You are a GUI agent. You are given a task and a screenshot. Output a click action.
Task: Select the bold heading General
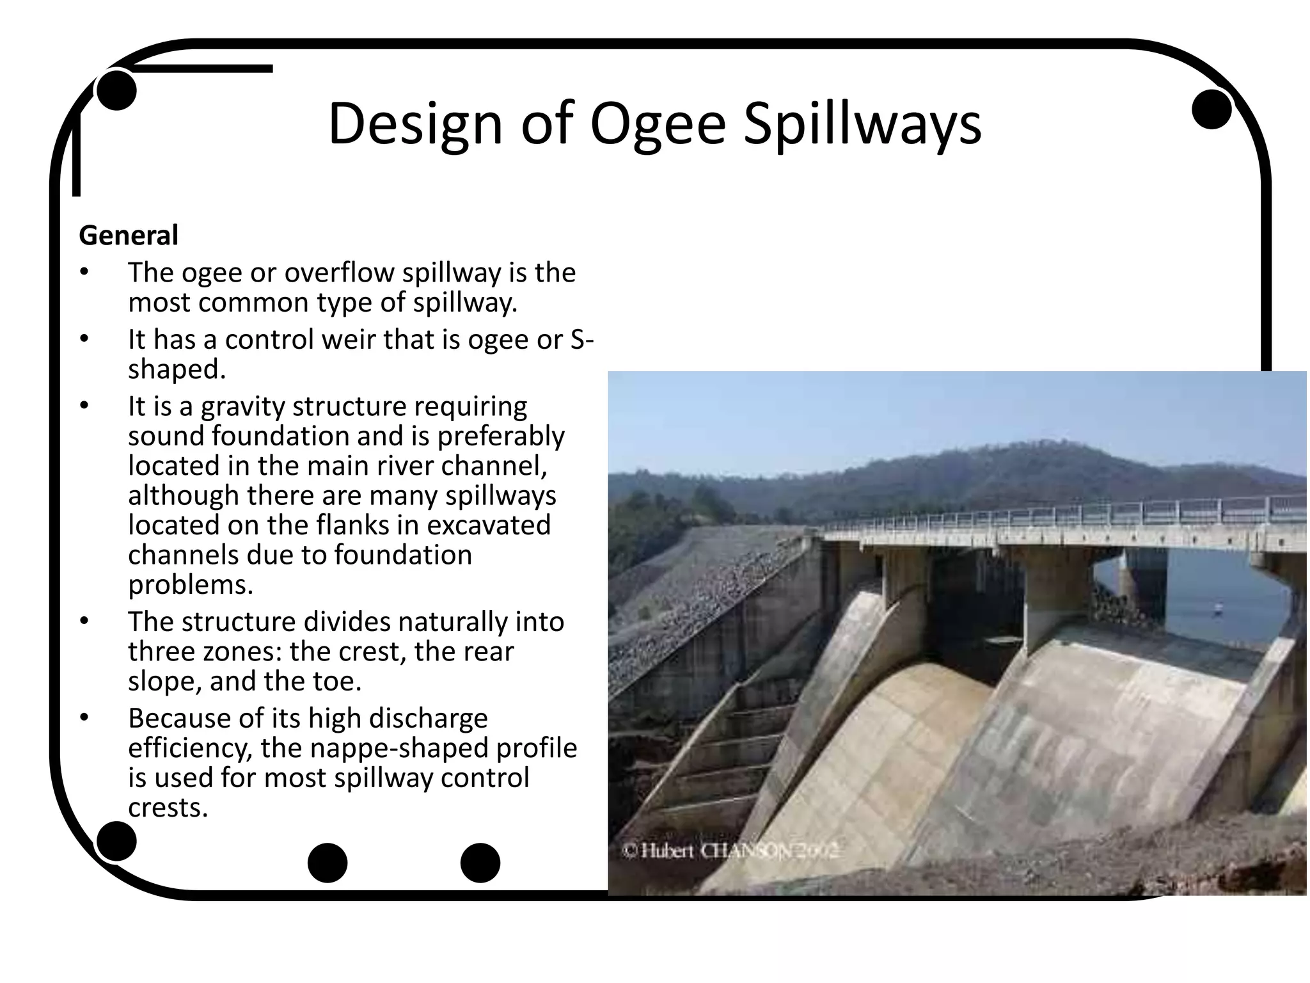tap(129, 236)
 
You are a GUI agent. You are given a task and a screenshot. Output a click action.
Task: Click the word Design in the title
tap(415, 125)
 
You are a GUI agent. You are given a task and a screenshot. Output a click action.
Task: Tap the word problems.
tap(191, 584)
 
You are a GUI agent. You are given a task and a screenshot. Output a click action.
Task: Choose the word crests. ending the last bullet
tap(168, 808)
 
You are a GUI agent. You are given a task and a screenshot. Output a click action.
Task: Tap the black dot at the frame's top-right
tap(1211, 109)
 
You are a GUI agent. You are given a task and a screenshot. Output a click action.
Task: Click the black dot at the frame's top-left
tap(116, 91)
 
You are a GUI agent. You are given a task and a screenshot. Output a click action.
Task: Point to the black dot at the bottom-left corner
tap(116, 841)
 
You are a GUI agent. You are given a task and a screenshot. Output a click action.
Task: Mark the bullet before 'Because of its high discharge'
tap(83, 718)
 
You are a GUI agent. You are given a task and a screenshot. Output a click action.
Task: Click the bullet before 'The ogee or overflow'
tap(83, 273)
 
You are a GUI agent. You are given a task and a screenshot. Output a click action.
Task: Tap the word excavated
tap(489, 525)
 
